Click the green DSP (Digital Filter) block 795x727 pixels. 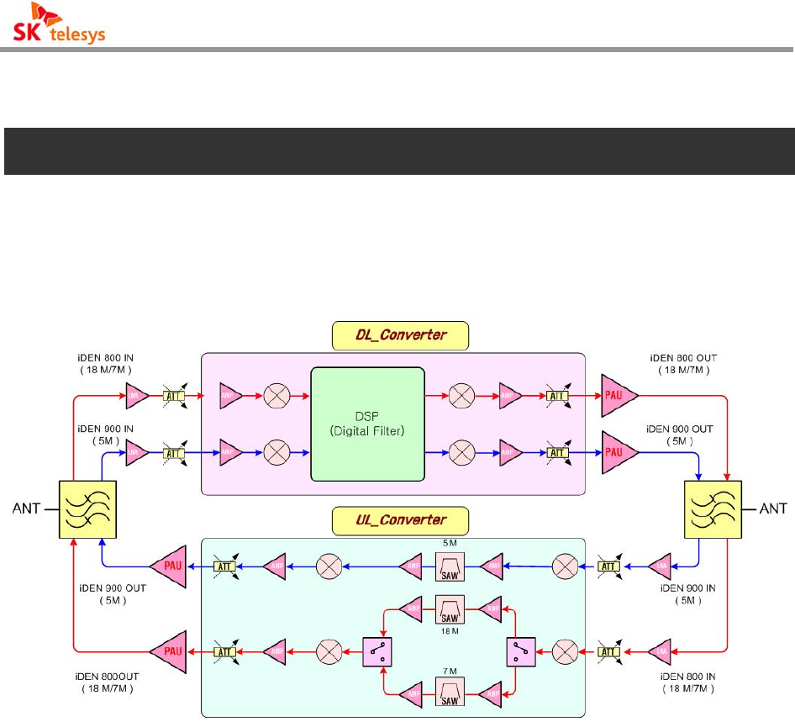click(366, 424)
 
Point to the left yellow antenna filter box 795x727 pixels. click(87, 508)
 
